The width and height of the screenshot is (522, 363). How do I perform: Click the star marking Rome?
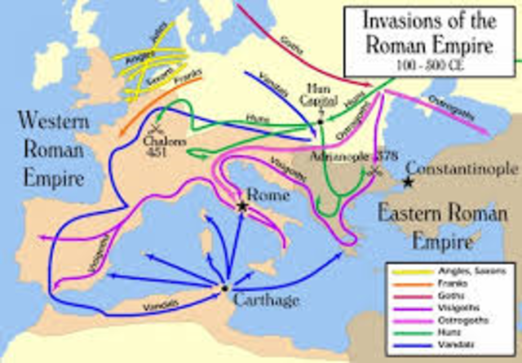(x=242, y=207)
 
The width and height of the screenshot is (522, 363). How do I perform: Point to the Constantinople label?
(x=462, y=170)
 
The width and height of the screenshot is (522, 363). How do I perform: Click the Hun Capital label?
(x=317, y=95)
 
